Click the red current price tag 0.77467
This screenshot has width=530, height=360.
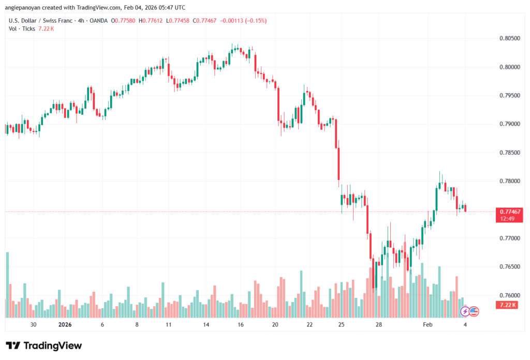point(510,212)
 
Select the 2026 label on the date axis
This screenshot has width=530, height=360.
point(65,325)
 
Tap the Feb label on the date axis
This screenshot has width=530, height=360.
point(428,325)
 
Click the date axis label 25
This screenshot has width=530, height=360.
point(342,325)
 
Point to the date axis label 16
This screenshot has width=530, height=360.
point(241,325)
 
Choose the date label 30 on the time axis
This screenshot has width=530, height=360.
point(34,325)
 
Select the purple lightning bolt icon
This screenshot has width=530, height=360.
point(465,311)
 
